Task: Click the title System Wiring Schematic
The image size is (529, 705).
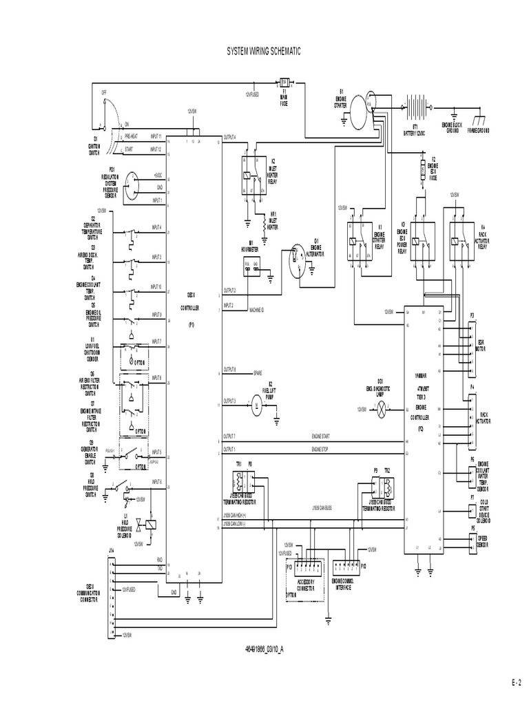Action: pos(264,52)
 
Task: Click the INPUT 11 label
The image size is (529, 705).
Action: pos(156,137)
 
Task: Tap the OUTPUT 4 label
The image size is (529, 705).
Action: pos(229,137)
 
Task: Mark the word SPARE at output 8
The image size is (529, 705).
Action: pos(258,372)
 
